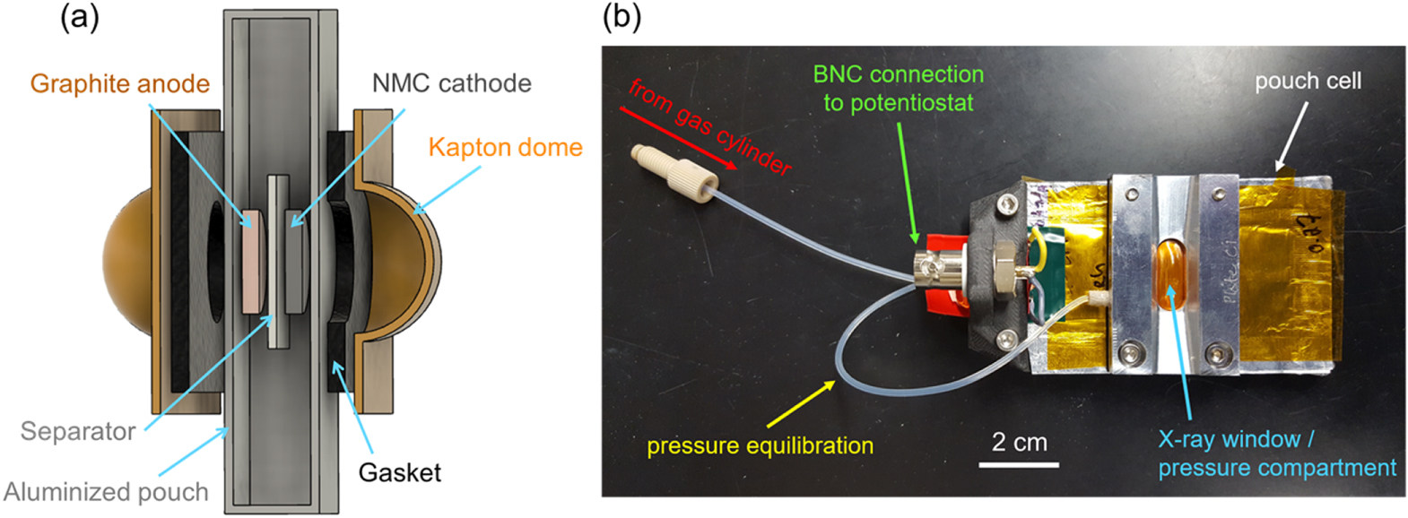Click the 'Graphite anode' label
[119, 83]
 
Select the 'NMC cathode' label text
[451, 83]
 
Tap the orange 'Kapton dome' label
[505, 147]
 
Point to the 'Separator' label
[78, 431]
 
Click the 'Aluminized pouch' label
[106, 492]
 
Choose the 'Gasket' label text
[400, 472]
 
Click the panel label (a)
[79, 16]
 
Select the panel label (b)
[621, 16]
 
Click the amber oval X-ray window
[1171, 272]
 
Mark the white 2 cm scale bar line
[1019, 464]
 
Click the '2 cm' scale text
[1019, 442]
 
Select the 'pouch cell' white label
[1308, 81]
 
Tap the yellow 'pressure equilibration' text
[760, 445]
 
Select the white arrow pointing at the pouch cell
[1292, 134]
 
